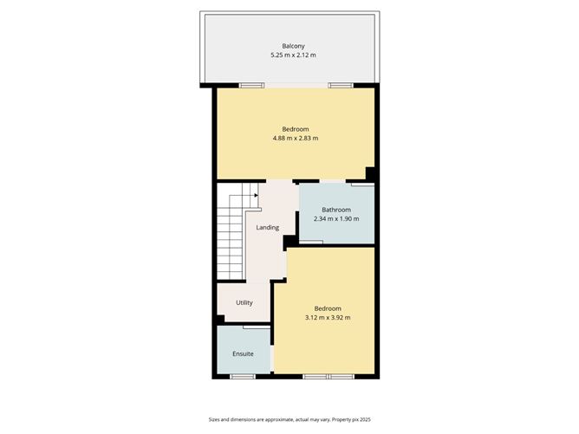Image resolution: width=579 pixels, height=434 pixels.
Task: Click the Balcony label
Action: [x=293, y=46]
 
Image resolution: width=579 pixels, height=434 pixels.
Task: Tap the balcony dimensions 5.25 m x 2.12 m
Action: [x=293, y=55]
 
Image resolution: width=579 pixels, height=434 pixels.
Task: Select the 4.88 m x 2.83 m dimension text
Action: [x=295, y=139]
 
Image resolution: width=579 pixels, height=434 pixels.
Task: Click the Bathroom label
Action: [x=336, y=210]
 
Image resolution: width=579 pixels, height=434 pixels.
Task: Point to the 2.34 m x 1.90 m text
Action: [x=336, y=219]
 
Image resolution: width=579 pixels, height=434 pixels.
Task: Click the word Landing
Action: [x=267, y=228]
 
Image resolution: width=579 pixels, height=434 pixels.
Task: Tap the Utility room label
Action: [x=244, y=302]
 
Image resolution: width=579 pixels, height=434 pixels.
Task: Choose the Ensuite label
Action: [x=243, y=353]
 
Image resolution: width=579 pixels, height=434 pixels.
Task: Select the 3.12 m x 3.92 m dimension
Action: [x=328, y=318]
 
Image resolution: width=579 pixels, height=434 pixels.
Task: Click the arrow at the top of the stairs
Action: [x=256, y=195]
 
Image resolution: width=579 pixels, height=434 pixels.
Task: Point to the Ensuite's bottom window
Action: [x=242, y=376]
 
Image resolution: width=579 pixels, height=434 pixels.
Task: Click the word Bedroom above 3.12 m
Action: [x=328, y=308]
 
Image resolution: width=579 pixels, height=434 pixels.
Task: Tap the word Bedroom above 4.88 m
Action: [x=295, y=129]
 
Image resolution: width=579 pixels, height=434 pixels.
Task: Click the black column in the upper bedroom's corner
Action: [x=370, y=173]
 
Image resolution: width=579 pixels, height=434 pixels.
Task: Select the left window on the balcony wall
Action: [x=251, y=85]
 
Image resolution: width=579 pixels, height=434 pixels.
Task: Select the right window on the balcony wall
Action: [x=341, y=85]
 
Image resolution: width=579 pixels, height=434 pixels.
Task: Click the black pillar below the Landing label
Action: [x=288, y=243]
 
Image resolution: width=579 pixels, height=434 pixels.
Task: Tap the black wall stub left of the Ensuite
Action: [x=218, y=320]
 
